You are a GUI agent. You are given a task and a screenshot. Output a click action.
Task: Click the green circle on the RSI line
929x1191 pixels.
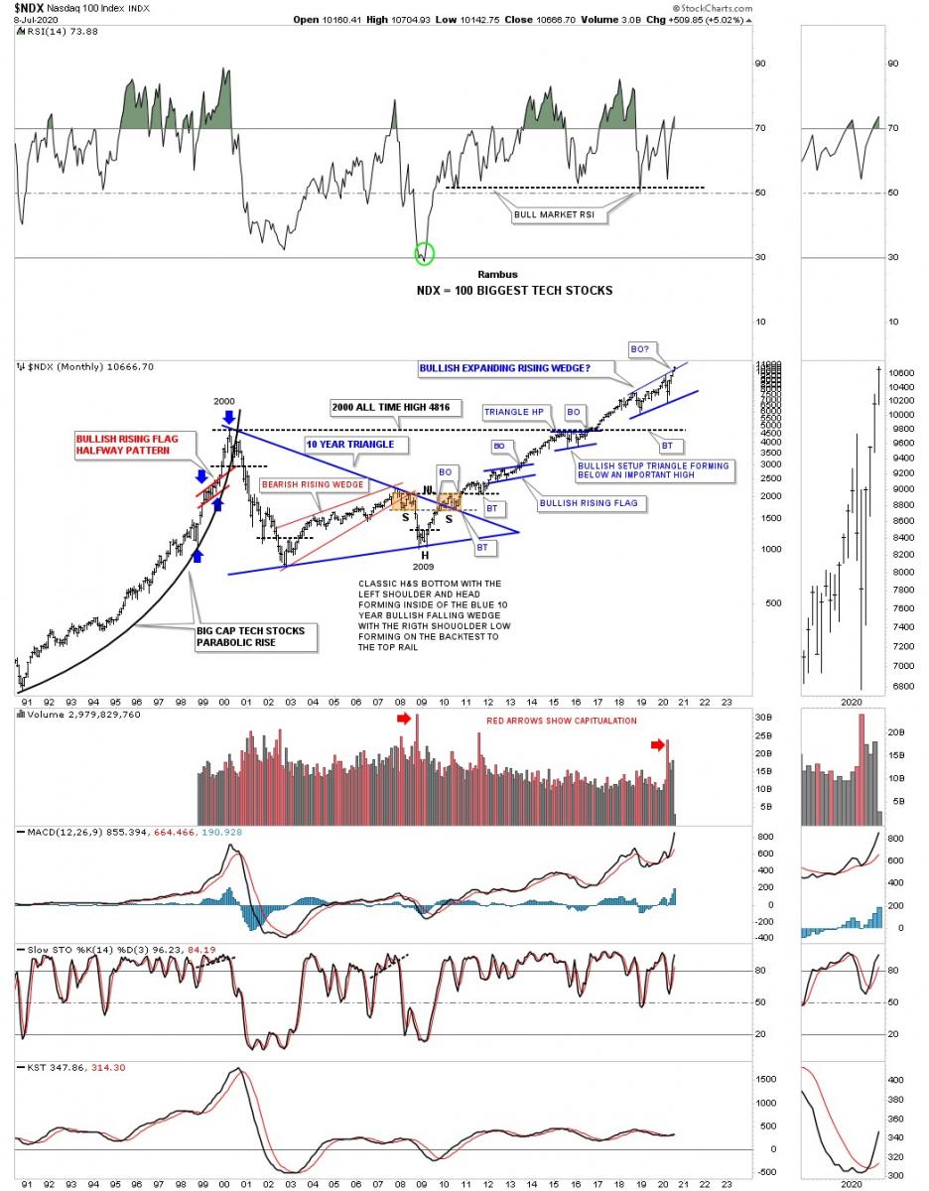[425, 253]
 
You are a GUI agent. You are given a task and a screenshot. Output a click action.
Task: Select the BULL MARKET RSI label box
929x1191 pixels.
[554, 213]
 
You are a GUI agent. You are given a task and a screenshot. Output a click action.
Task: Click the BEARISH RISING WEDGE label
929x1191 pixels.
[312, 484]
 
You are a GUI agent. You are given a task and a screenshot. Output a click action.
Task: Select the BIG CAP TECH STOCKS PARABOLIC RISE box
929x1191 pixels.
[256, 637]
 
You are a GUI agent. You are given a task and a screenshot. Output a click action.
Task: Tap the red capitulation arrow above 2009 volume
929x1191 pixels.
[403, 718]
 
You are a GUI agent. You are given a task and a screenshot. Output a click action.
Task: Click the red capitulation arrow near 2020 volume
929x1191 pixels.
[658, 744]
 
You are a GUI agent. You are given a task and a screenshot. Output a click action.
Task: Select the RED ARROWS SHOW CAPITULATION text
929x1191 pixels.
[562, 721]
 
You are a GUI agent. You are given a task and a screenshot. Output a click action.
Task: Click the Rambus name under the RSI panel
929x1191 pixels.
[497, 274]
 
